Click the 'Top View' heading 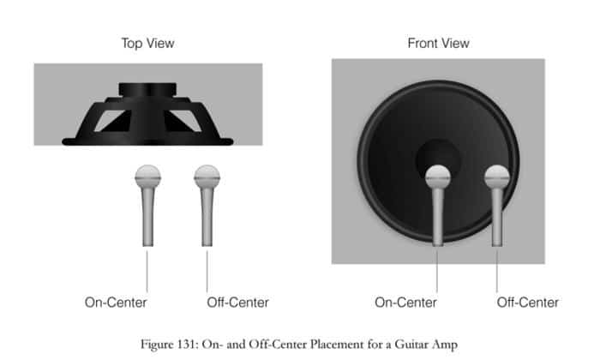[x=147, y=43]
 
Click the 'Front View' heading [x=438, y=43]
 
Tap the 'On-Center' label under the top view [x=116, y=303]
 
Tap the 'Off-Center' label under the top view [x=237, y=303]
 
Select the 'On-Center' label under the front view [x=405, y=303]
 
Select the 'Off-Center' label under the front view [x=528, y=303]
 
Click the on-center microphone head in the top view [x=147, y=177]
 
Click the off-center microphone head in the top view [x=207, y=177]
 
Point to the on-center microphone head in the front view [x=438, y=177]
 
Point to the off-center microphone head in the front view [x=496, y=177]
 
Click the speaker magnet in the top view [x=147, y=89]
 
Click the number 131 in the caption [x=186, y=345]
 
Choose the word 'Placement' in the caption [x=337, y=345]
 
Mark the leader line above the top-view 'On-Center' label [x=147, y=271]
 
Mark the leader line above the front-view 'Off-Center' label [x=496, y=271]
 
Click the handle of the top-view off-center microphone [x=207, y=217]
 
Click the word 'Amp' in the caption [x=445, y=345]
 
